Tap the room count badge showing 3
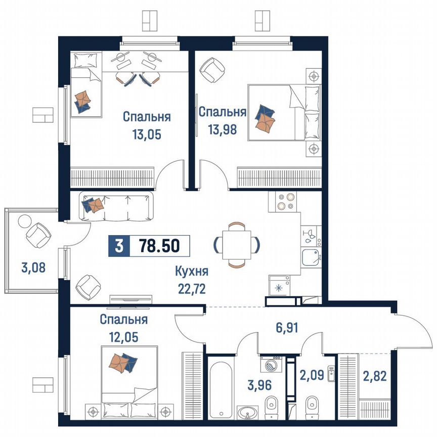119,246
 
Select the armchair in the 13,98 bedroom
212,70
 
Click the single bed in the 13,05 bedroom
85,84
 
